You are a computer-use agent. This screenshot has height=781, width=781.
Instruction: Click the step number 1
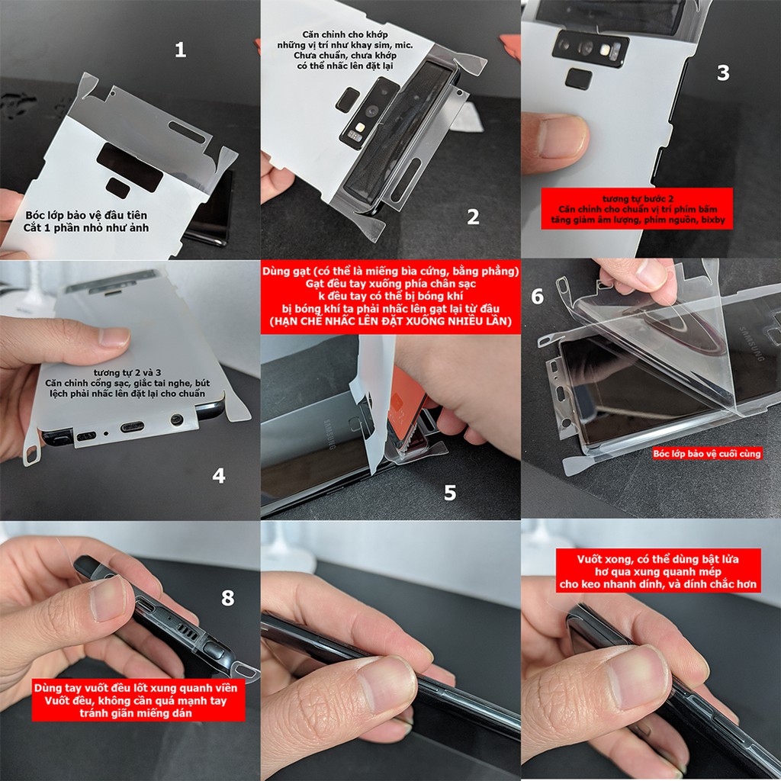[180, 50]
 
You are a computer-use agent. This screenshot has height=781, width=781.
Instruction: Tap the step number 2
[473, 217]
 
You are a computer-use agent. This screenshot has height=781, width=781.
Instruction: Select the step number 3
[723, 72]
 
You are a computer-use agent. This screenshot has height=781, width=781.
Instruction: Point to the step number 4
[219, 476]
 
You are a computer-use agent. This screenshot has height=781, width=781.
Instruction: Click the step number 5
[450, 493]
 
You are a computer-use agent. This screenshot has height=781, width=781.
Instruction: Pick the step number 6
[538, 297]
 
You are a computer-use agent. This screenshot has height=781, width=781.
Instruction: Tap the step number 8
[227, 598]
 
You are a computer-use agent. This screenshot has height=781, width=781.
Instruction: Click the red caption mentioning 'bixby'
[637, 209]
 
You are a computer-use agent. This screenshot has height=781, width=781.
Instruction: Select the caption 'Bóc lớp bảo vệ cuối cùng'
[707, 453]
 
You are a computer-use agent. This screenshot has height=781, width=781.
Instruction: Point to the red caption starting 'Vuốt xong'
[658, 570]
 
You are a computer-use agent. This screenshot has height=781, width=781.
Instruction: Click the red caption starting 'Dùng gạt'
[390, 297]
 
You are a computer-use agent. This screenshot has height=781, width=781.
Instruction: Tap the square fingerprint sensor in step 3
[580, 79]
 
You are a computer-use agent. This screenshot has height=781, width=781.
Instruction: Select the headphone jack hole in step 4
[177, 419]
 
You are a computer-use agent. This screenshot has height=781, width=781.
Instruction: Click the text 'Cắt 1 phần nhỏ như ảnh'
[85, 228]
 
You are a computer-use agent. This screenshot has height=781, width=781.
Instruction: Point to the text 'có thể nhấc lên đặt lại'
[345, 66]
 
